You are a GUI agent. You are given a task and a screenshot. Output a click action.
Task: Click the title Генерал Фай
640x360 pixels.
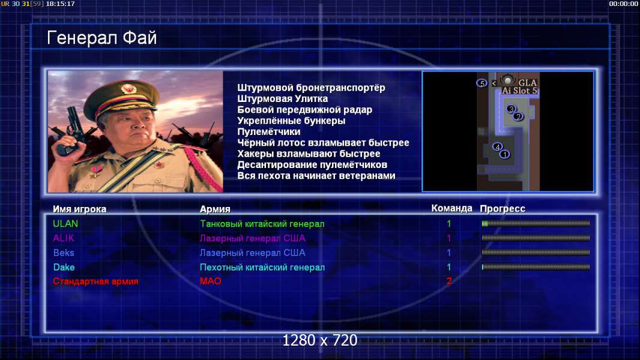pos(101,38)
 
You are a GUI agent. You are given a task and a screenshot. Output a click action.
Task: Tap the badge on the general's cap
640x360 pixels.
pos(128,89)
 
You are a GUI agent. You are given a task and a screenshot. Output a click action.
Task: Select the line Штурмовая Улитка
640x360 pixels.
pos(282,98)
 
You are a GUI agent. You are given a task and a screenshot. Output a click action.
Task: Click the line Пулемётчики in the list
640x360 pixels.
pos(268,131)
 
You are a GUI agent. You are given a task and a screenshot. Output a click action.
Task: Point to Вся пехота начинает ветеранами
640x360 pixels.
pos(316,176)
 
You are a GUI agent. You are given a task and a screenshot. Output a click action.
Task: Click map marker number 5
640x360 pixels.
pos(482,83)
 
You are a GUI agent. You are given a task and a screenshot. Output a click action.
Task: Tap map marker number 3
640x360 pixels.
pos(510,109)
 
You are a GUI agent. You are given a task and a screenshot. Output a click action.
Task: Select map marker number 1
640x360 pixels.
pos(505,155)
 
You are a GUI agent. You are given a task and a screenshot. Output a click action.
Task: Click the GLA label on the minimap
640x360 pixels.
pos(527,83)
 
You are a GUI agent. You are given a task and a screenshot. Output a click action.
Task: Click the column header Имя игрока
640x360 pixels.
pos(80,209)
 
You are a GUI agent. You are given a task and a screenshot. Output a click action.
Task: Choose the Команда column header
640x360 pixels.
pos(451,208)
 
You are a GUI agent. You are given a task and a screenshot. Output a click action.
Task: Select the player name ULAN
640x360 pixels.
pos(65,224)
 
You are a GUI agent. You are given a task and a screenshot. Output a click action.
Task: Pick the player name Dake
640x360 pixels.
pos(64,268)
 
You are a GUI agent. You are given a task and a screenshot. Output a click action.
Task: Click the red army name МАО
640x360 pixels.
pos(211,281)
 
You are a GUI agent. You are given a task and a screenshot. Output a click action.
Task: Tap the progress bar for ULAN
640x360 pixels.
pos(536,223)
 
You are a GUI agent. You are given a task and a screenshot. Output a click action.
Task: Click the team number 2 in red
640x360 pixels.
pos(449,281)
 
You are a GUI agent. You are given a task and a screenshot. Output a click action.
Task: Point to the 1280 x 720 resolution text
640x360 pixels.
pos(319,340)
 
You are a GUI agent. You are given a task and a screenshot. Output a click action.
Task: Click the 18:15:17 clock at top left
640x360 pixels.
pos(60,4)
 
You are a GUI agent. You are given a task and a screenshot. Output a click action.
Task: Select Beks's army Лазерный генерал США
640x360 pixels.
pos(252,253)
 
